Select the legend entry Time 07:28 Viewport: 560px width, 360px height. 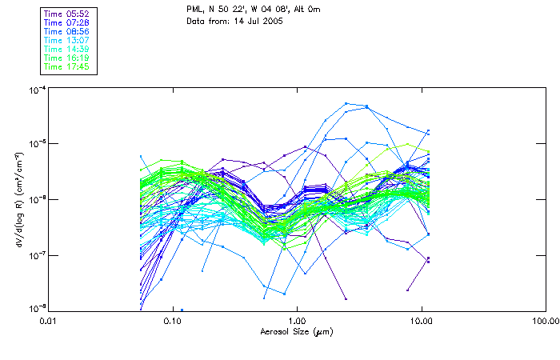click(67, 22)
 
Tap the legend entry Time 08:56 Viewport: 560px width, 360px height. click(67, 31)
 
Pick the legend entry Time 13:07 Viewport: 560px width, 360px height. click(67, 40)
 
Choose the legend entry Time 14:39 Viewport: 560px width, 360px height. click(67, 49)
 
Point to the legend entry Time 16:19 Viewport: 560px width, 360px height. click(67, 58)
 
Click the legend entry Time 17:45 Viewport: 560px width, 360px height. click(67, 66)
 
